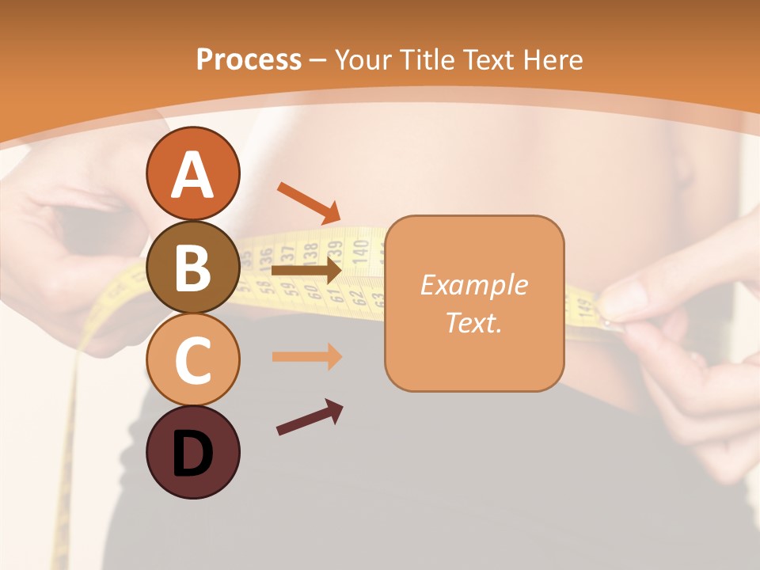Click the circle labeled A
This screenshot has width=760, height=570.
(192, 173)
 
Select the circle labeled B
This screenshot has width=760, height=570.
(192, 267)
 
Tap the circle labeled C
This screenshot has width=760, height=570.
(192, 359)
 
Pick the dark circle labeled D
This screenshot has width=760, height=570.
(192, 452)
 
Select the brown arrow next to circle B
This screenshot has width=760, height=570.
(306, 270)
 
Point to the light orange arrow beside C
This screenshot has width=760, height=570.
(306, 356)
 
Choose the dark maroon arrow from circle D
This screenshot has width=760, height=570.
(310, 417)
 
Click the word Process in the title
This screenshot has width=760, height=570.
(249, 60)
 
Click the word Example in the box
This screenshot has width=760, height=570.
(473, 285)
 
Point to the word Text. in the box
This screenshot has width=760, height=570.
(473, 322)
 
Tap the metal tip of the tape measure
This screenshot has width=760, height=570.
(608, 322)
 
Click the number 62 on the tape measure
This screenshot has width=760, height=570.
(357, 298)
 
